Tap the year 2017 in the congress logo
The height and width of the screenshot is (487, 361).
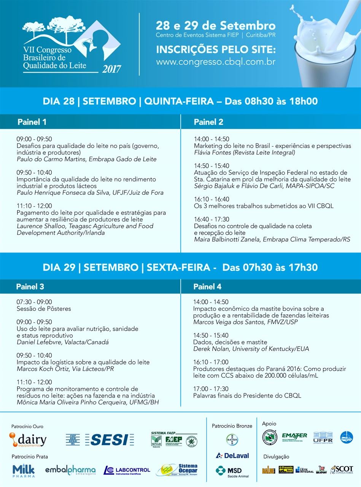[111, 69]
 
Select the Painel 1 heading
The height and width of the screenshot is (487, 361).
[32, 122]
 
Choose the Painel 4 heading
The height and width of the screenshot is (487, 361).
[207, 286]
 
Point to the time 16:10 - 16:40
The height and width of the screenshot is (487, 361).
[212, 199]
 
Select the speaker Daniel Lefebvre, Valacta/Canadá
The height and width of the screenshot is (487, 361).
[63, 342]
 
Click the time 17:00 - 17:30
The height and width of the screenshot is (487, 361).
[211, 389]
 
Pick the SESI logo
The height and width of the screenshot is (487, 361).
[109, 439]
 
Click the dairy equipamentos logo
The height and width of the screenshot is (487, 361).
[28, 440]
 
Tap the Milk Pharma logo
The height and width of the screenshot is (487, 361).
[24, 471]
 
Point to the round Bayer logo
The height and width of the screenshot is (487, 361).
[232, 439]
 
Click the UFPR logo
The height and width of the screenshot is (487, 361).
[323, 438]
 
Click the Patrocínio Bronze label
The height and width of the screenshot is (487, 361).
[232, 426]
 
